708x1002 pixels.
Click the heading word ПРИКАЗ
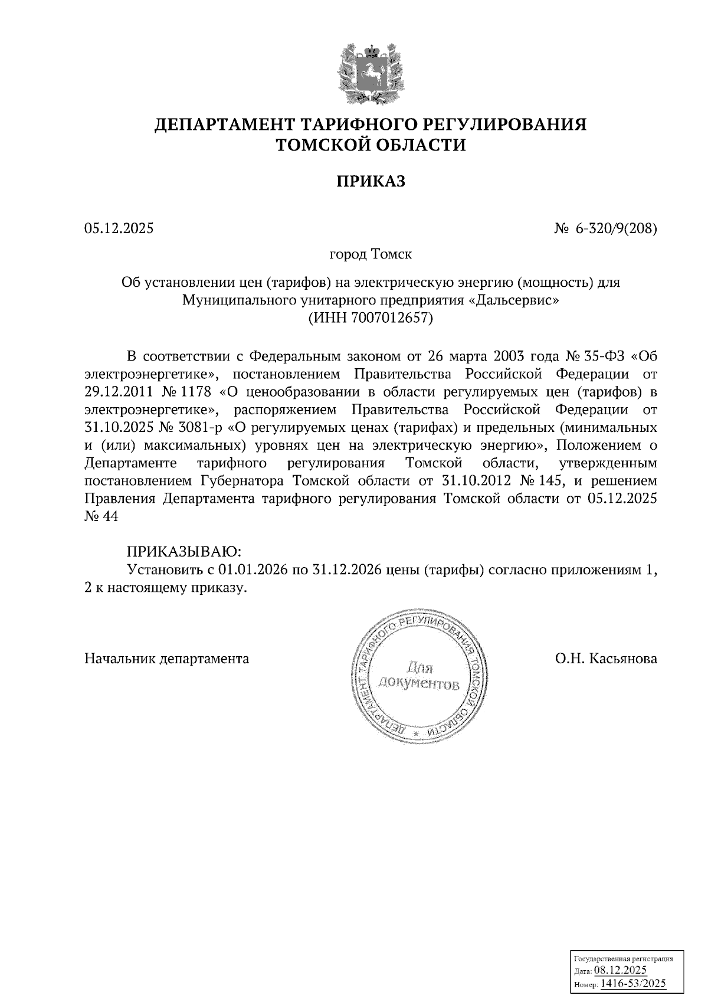pyautogui.click(x=371, y=181)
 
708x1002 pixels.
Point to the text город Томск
pyautogui.click(x=371, y=255)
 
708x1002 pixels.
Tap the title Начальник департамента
pyautogui.click(x=167, y=659)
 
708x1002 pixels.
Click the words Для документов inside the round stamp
pyautogui.click(x=419, y=676)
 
